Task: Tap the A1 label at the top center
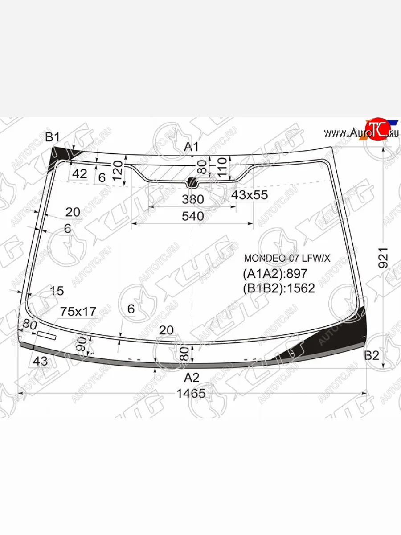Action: (192, 147)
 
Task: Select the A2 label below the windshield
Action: (192, 378)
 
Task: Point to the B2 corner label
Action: (371, 355)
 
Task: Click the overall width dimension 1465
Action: (191, 394)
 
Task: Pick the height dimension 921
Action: (383, 257)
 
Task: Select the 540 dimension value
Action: (192, 216)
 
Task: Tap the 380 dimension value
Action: (192, 199)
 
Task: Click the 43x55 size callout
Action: (249, 194)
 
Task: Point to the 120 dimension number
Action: (117, 170)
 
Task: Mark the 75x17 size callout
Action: (78, 311)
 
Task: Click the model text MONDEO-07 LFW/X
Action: (287, 258)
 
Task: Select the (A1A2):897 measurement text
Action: (275, 273)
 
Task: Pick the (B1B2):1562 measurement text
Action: (278, 288)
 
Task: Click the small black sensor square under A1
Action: (192, 182)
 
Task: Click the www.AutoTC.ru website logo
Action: (361, 132)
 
